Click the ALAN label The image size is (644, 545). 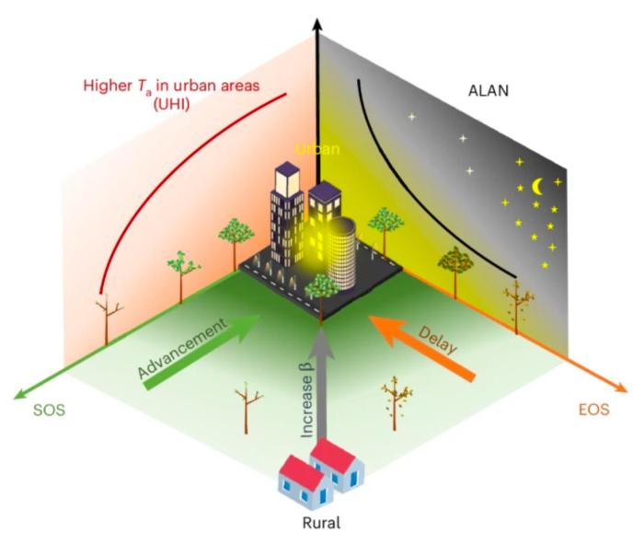coord(489,90)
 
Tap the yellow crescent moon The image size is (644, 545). coord(536,187)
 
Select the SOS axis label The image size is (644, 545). coord(50,411)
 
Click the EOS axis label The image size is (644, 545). coord(594,410)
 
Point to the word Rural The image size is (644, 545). coord(322,523)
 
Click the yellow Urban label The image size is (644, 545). coord(318,149)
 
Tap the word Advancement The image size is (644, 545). coord(182,348)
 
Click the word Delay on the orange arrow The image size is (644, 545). coord(438,340)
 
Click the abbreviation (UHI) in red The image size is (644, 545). coord(172,104)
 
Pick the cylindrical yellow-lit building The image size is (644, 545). coord(341,253)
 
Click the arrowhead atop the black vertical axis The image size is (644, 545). coord(316,27)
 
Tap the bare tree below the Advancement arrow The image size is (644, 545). coord(247,407)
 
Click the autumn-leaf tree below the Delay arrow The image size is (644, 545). coord(395,403)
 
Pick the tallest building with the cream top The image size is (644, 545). coord(286,214)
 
